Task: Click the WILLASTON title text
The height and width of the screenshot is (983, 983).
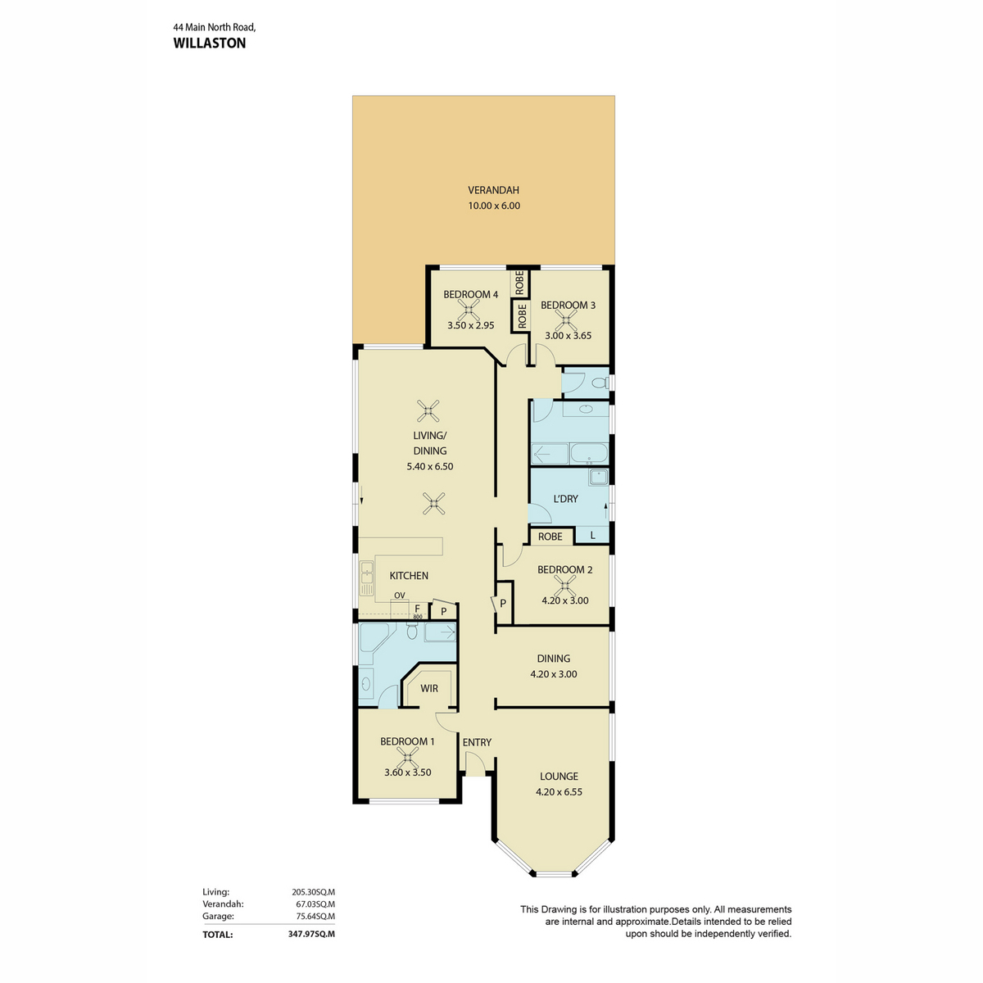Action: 209,43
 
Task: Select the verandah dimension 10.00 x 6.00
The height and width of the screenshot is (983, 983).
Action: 494,206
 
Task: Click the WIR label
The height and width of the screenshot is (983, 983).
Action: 429,689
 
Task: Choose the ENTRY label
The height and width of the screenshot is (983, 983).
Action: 477,742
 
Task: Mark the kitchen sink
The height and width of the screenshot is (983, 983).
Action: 366,578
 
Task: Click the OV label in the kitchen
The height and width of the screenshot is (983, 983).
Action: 399,596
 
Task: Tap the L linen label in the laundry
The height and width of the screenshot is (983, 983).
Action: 593,537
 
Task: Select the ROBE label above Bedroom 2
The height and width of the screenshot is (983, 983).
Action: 550,537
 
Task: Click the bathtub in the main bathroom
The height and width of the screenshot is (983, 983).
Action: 588,453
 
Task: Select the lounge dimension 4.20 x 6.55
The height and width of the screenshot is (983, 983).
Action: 559,792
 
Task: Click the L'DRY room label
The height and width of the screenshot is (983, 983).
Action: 566,499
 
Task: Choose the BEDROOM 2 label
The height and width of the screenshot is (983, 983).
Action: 564,570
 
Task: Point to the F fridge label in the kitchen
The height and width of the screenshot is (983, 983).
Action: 417,609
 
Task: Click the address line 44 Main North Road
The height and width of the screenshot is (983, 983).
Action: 215,26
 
